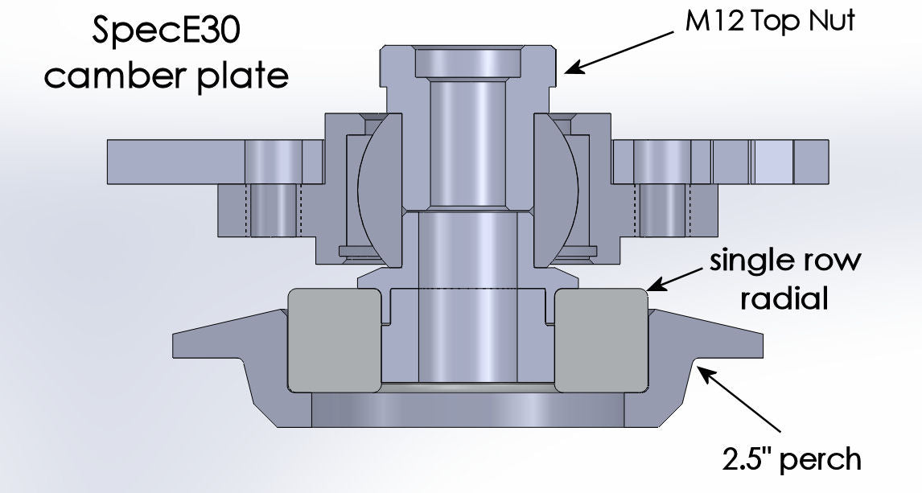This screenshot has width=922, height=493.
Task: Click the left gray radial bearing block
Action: click(x=333, y=339)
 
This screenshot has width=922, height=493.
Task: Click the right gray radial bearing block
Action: click(x=601, y=339)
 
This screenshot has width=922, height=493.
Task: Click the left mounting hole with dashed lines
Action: click(x=274, y=211)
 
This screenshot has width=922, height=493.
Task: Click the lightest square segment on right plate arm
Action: click(x=772, y=161)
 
